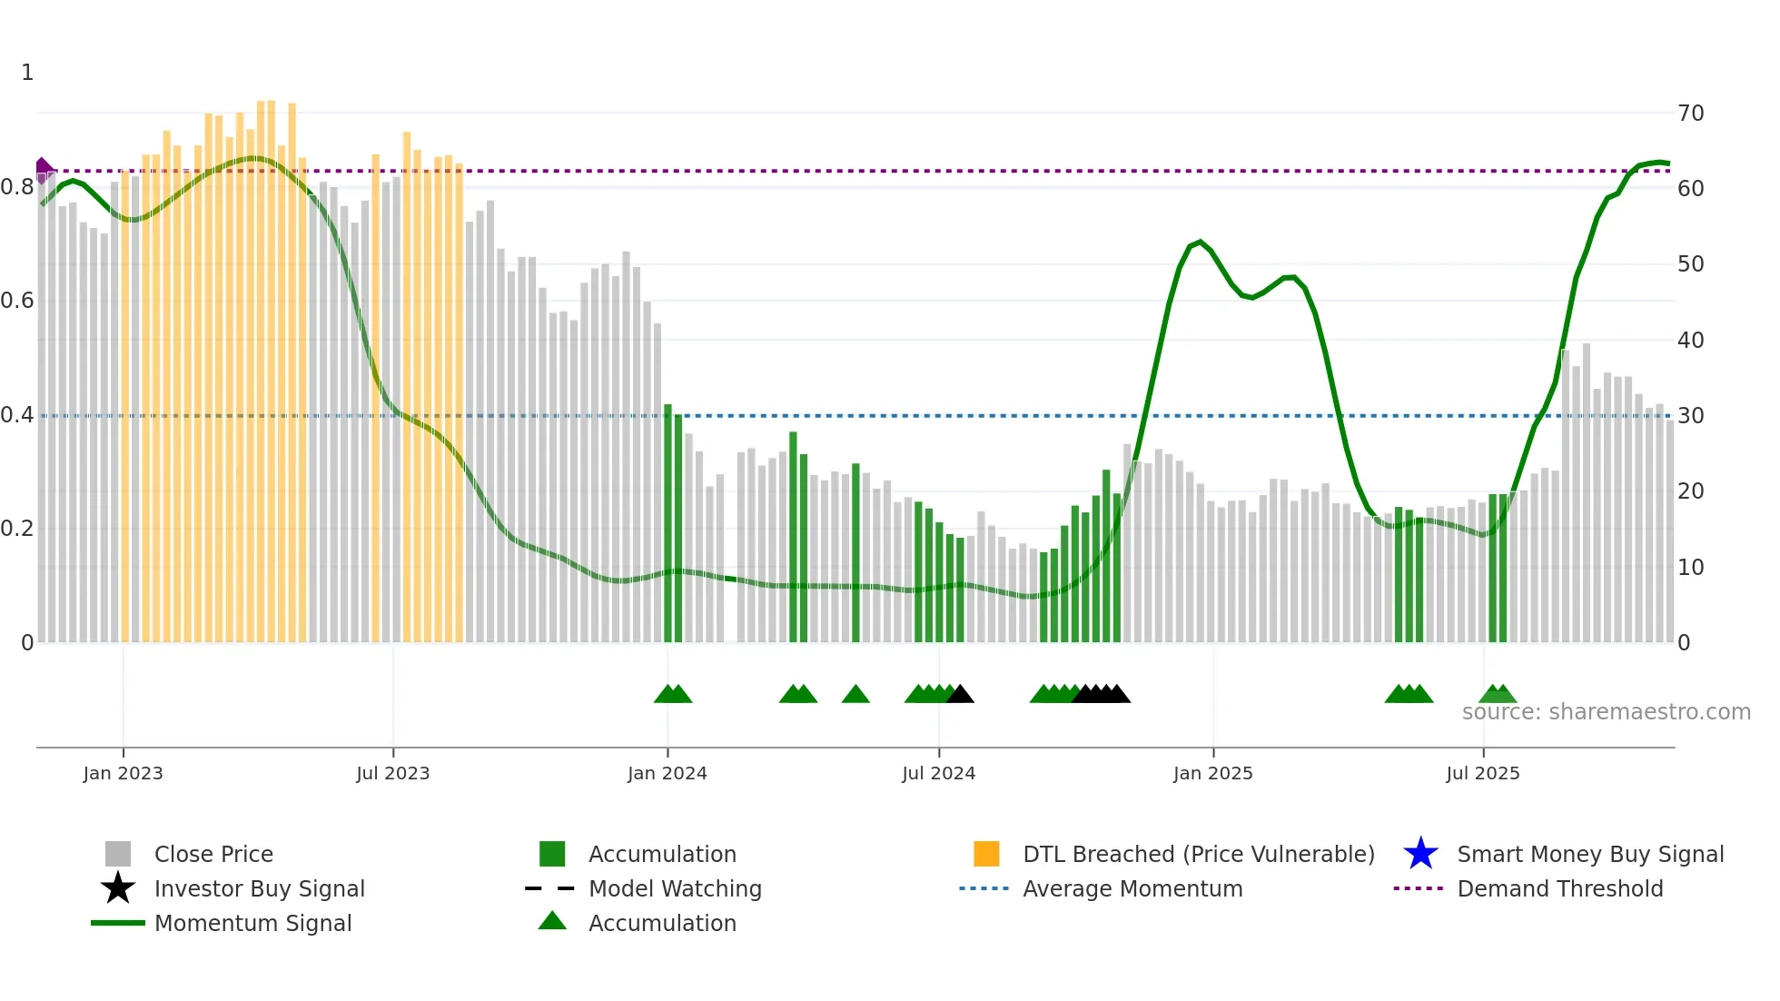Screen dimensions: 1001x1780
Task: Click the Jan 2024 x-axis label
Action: tap(667, 773)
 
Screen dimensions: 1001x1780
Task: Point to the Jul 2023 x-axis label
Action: tap(392, 773)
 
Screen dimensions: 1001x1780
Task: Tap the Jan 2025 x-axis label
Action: tap(1212, 773)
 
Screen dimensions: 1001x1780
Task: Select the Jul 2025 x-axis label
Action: tap(1482, 773)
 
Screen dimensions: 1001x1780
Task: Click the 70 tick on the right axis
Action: tap(1690, 114)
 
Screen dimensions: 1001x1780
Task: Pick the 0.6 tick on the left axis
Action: tap(17, 301)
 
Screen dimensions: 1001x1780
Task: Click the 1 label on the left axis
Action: tap(27, 73)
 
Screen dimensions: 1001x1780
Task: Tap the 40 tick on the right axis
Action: tap(1690, 341)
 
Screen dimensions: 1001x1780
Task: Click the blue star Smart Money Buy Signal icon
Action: tap(1420, 854)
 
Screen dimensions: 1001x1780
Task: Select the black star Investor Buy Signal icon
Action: tap(118, 888)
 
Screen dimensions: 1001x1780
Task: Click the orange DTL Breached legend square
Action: tap(986, 854)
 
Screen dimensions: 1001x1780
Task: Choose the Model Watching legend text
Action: tap(675, 888)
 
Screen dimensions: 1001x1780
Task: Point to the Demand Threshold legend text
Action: tap(1559, 888)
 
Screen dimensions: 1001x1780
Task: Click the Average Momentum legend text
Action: tap(1132, 888)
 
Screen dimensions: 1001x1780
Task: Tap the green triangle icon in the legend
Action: tap(552, 921)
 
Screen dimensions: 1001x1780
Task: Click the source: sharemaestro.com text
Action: tap(1606, 712)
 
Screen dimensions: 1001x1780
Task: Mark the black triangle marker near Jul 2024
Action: tap(961, 695)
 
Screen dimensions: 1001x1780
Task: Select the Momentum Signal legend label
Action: tap(252, 923)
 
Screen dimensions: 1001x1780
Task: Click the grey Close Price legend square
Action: tap(118, 854)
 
